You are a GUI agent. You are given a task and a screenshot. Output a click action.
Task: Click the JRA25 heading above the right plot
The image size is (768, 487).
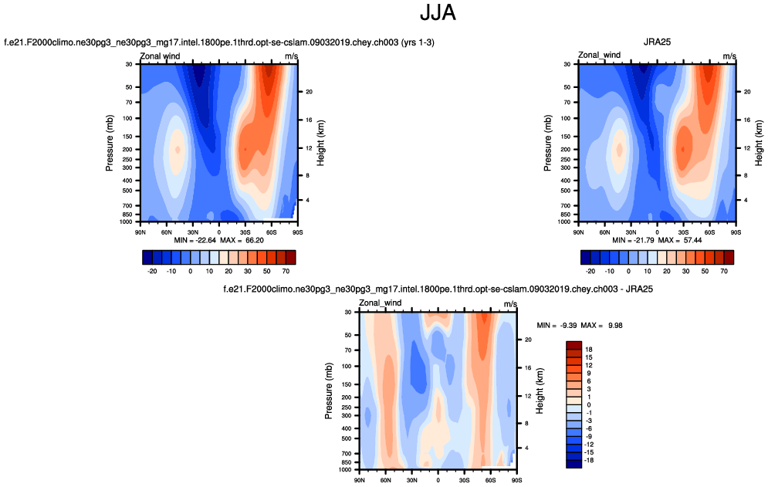656,42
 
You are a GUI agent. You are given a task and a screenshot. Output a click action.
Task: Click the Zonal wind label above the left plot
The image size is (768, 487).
160,56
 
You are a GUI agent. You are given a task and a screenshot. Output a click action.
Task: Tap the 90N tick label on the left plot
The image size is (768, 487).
140,231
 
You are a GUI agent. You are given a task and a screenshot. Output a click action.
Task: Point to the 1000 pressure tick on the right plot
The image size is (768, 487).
567,222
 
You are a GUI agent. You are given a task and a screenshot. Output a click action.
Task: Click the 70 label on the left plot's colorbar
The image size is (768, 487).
286,272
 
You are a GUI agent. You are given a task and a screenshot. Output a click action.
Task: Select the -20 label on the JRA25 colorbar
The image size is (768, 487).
591,272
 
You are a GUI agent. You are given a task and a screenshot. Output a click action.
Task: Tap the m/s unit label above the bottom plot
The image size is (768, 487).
510,305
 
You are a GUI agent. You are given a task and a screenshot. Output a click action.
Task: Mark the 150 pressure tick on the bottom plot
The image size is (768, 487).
347,384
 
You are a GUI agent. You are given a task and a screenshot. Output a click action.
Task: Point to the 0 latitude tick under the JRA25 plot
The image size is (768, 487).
657,231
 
